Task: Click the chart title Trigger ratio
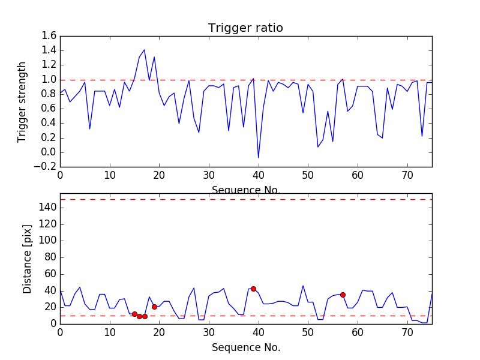coord(245,28)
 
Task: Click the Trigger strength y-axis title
coord(22,101)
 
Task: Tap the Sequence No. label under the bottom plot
coord(245,347)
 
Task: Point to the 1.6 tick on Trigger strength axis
coord(49,36)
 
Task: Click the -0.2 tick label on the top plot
coord(46,167)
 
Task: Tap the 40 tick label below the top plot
coord(258,176)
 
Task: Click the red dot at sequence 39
coord(253,289)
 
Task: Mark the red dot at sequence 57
coord(343,295)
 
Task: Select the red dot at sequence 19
coord(154,307)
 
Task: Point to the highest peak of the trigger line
coord(144,50)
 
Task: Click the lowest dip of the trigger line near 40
coord(258,158)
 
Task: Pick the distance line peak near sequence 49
coord(303,286)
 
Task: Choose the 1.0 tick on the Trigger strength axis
coord(49,80)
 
